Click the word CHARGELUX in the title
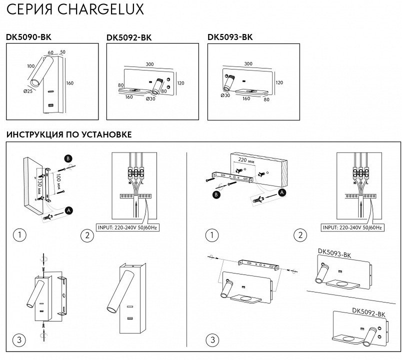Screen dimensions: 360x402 (105, 9)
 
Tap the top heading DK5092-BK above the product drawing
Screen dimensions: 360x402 (129, 37)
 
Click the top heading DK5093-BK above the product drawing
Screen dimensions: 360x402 (230, 36)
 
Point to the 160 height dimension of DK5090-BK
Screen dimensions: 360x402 (69, 83)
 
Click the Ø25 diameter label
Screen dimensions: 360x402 (26, 90)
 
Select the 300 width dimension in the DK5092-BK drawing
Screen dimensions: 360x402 (149, 64)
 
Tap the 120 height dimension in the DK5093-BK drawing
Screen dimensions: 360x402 (279, 82)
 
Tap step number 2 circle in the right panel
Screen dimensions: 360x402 (300, 235)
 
